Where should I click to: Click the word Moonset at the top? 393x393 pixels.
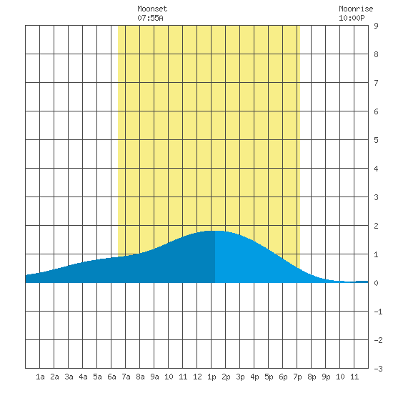tap(152, 9)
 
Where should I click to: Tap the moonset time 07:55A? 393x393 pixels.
tap(150, 18)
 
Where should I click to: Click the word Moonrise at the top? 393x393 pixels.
tap(356, 9)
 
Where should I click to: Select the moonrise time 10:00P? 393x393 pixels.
tap(352, 18)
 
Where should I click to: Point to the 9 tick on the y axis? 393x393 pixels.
tap(376, 26)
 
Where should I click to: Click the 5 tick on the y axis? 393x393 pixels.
tap(376, 140)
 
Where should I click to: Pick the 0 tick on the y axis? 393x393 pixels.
tap(376, 283)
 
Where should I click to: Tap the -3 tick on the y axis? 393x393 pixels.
tap(378, 369)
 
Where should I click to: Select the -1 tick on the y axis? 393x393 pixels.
tap(378, 312)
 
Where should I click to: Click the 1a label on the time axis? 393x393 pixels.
tap(40, 377)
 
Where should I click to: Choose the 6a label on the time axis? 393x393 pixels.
tap(111, 377)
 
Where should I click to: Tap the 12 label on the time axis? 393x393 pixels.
tap(197, 377)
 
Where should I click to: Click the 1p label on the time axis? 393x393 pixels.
tap(212, 377)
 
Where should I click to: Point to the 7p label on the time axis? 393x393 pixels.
tap(297, 377)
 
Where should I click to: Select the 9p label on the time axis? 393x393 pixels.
tap(326, 377)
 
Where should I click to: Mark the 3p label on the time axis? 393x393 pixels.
tap(240, 377)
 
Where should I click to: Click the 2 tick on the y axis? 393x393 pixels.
tap(376, 226)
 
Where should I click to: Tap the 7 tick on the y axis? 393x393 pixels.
tap(376, 83)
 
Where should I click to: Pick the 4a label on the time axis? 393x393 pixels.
tap(83, 377)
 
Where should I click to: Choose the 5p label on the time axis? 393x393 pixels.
tap(269, 377)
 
